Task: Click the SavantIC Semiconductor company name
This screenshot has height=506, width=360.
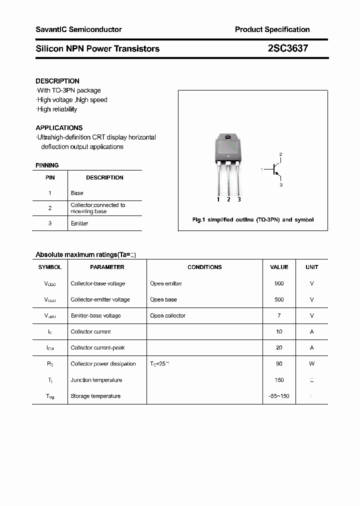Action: click(x=78, y=29)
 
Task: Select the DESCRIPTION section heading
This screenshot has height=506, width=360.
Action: click(x=57, y=81)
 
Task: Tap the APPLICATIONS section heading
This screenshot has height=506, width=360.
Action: click(x=59, y=127)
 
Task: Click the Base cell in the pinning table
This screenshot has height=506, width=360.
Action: click(x=77, y=193)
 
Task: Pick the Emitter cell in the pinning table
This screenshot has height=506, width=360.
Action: click(x=79, y=223)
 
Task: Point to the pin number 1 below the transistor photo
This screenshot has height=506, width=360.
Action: click(x=218, y=199)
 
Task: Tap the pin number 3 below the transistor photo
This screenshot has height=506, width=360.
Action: click(x=239, y=199)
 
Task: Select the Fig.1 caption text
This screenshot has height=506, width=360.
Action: click(x=253, y=220)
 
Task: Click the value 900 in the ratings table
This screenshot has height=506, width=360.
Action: click(x=279, y=283)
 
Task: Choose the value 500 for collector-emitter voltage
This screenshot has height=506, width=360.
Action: click(x=279, y=299)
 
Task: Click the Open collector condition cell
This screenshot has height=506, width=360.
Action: click(x=167, y=315)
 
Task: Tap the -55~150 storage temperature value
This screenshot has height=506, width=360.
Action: click(x=279, y=396)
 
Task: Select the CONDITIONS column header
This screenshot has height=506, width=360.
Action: click(x=204, y=267)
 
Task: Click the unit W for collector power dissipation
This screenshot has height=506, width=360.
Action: click(x=311, y=363)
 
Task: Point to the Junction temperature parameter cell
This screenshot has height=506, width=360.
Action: click(x=96, y=380)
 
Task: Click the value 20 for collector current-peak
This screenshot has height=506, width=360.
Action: click(x=279, y=347)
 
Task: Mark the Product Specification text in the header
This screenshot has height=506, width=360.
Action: click(x=272, y=29)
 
